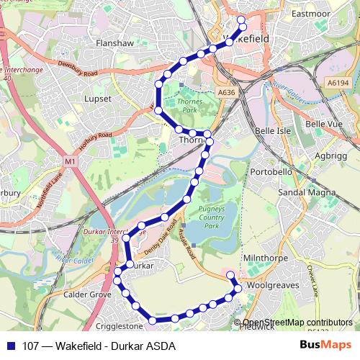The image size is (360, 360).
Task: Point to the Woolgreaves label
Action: tap(273, 286)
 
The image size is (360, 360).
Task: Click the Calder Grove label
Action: tap(87, 294)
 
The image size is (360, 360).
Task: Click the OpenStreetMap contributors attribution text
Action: tap(298, 323)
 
